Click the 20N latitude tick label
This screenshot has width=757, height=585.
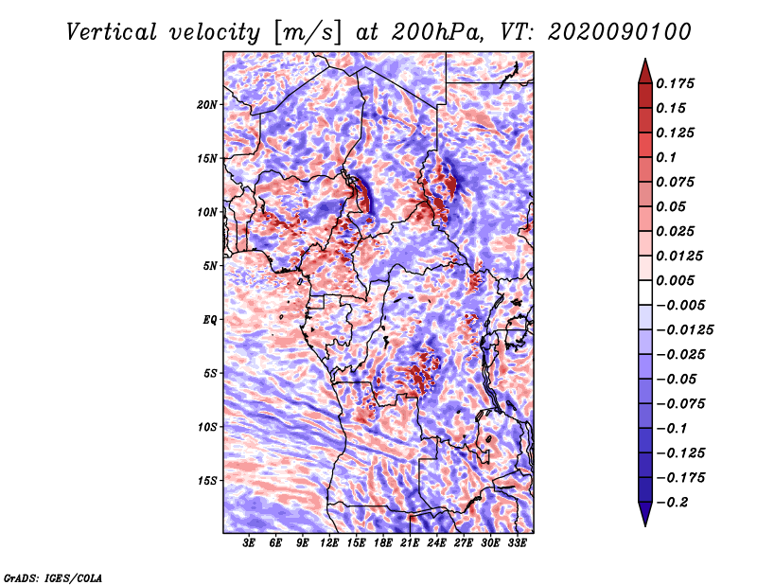coord(208,104)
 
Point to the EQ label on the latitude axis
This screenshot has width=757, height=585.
coord(210,320)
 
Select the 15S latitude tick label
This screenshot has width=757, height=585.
coord(208,481)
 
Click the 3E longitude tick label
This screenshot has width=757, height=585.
coord(250,543)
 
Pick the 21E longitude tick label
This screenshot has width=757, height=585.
coord(411,543)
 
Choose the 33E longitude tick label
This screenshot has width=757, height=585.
coord(518,543)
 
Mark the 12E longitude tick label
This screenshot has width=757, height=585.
coord(330,543)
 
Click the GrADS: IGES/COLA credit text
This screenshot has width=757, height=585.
coord(53,576)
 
